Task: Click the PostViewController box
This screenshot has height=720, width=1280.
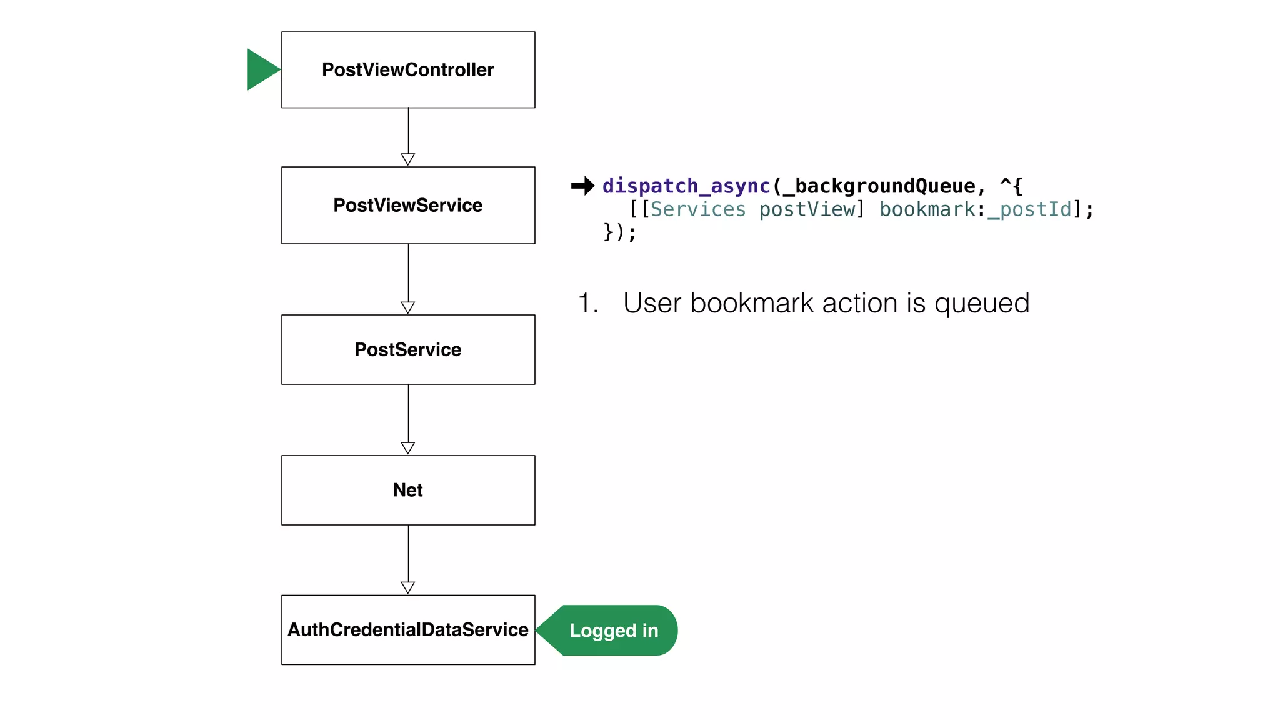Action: pyautogui.click(x=408, y=70)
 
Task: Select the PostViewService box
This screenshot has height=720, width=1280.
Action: pyautogui.click(x=408, y=205)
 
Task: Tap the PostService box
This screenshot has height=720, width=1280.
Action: pyautogui.click(x=408, y=349)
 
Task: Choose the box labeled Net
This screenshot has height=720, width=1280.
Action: pyautogui.click(x=408, y=490)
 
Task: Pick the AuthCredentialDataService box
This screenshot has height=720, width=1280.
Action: pyautogui.click(x=408, y=629)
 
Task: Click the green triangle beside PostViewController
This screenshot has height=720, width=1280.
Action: pyautogui.click(x=261, y=69)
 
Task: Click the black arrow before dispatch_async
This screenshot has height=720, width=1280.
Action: pyautogui.click(x=582, y=186)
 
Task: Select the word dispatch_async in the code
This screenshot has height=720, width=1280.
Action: pyautogui.click(x=686, y=186)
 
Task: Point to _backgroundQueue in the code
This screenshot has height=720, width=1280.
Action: pyautogui.click(x=879, y=186)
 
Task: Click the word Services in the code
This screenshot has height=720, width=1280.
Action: pyautogui.click(x=698, y=209)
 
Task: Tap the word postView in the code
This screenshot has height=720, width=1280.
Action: pyautogui.click(x=807, y=209)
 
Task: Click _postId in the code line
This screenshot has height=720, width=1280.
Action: pyautogui.click(x=1029, y=209)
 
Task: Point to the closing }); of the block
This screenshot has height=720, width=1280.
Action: pyautogui.click(x=619, y=232)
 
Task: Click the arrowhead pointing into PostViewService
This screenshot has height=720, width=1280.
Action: pyautogui.click(x=408, y=159)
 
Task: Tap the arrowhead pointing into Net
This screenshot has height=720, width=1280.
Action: pyautogui.click(x=408, y=447)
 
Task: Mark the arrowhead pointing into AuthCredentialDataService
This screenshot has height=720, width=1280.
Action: pyautogui.click(x=408, y=587)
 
